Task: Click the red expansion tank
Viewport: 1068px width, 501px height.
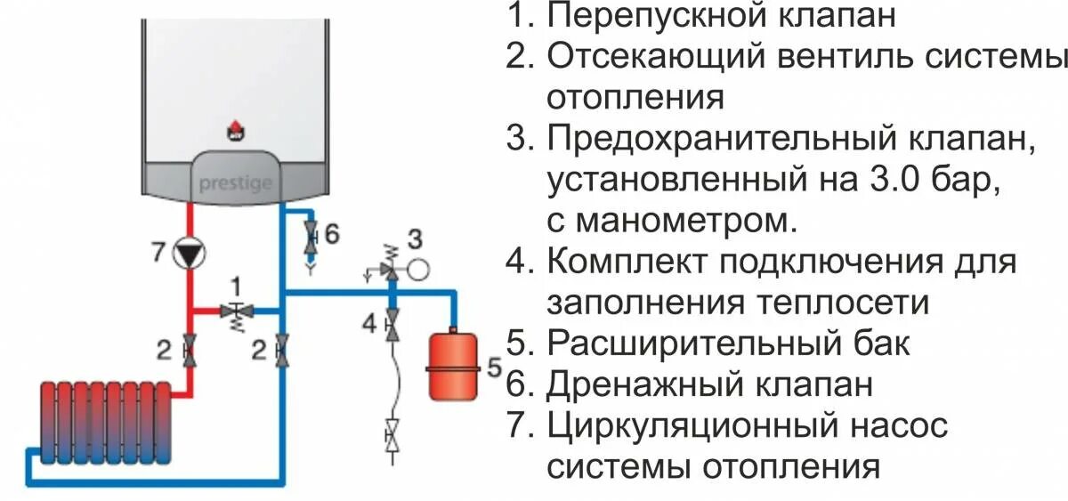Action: pos(452,365)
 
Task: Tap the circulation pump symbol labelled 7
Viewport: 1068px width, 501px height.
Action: pos(189,253)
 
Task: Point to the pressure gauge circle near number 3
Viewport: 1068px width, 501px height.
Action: pos(421,265)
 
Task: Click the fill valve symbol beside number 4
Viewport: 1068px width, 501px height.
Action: pos(392,325)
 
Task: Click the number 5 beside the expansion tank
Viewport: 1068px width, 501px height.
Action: pos(496,367)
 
